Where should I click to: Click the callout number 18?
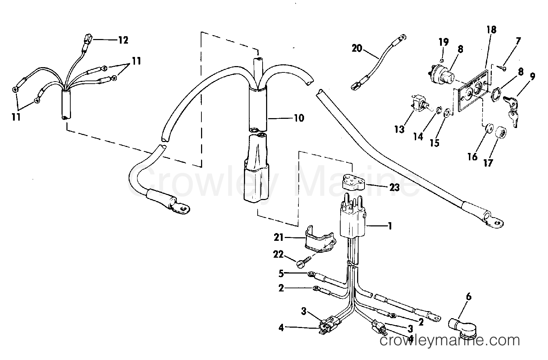pos(491,30)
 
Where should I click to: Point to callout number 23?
pos(394,188)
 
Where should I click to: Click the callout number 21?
pos(278,238)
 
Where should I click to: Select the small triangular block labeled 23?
pos(354,181)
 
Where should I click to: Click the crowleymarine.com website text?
pos(450,340)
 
